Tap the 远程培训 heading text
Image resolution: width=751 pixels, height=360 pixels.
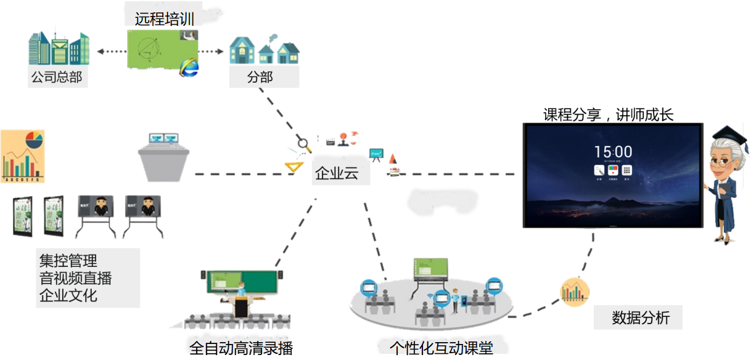(x=165, y=19)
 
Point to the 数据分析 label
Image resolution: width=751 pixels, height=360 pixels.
(x=640, y=318)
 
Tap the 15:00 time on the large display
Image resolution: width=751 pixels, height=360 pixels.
(x=613, y=152)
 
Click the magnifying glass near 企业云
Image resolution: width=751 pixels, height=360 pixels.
(x=303, y=144)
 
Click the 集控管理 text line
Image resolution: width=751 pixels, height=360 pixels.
(x=68, y=262)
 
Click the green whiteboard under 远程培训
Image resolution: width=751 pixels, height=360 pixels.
(x=162, y=48)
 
